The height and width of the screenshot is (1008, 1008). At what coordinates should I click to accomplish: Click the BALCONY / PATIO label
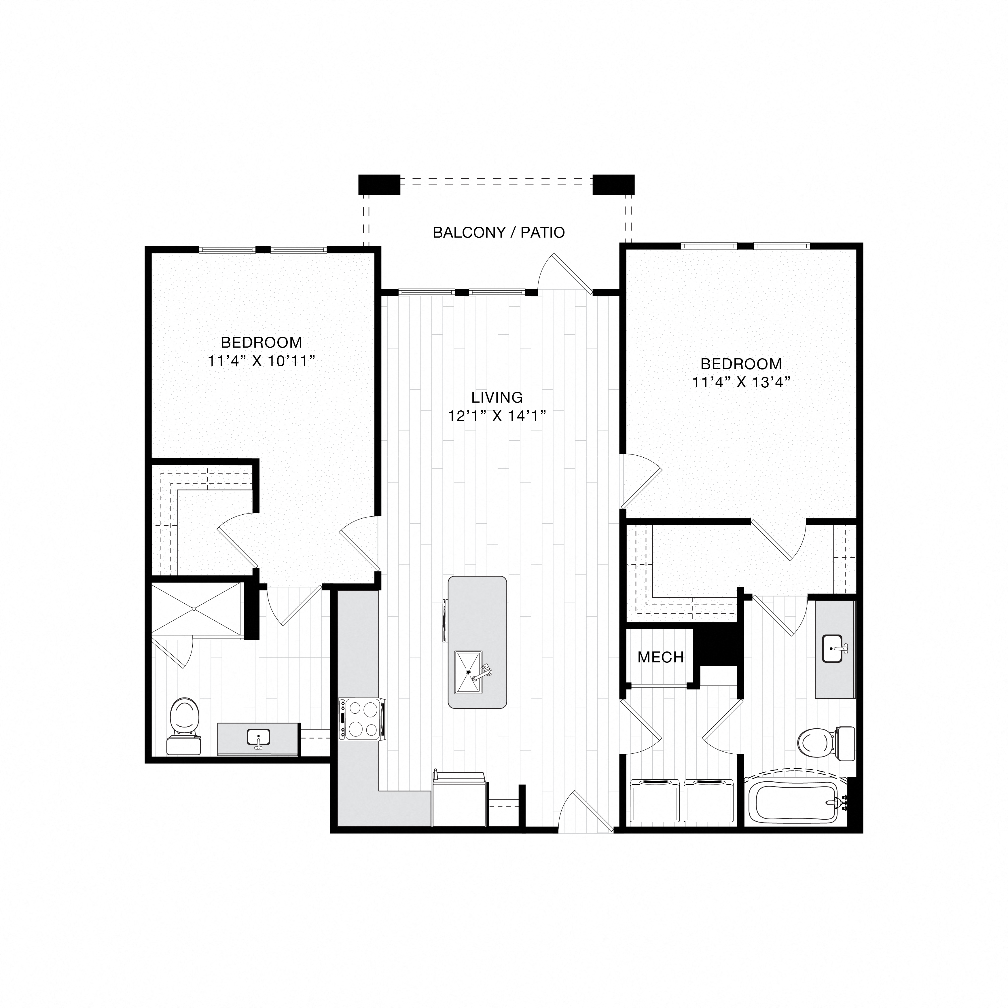498,232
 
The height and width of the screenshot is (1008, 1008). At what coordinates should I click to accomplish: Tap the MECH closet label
660,658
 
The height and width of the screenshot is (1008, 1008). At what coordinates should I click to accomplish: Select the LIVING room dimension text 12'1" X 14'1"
497,416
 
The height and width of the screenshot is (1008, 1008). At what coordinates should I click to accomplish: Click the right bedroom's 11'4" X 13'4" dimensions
741,382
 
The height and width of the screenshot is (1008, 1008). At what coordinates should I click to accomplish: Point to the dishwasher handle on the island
444,620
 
